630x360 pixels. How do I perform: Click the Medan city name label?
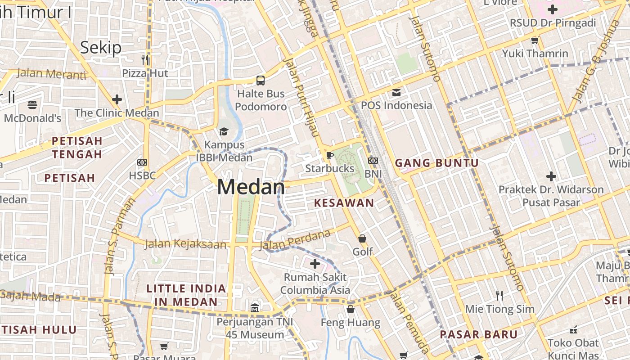(251, 187)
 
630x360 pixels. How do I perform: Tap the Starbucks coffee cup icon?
(330, 155)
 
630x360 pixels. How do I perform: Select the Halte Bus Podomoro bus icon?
(261, 81)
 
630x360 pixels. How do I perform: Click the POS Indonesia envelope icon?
(396, 93)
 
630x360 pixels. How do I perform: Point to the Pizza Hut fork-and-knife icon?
(145, 59)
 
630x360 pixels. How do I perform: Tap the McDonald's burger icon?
(32, 105)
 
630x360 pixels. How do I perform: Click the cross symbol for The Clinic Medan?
(117, 99)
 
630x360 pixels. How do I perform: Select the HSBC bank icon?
(142, 162)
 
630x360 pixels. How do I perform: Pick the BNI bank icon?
(373, 161)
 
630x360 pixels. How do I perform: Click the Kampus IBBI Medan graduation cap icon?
(224, 131)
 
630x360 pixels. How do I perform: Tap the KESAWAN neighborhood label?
(344, 203)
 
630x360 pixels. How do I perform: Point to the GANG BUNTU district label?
(436, 163)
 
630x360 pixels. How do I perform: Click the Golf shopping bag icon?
(362, 238)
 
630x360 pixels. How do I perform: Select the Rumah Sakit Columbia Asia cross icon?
(315, 263)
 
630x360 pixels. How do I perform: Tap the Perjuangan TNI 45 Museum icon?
(255, 308)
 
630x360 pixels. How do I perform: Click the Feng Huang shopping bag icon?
(351, 309)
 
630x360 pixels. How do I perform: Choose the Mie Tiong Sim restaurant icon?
(499, 296)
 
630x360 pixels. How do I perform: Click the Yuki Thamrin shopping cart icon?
(535, 40)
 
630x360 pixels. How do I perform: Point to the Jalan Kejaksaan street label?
(185, 244)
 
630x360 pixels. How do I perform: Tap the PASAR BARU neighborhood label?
(479, 335)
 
